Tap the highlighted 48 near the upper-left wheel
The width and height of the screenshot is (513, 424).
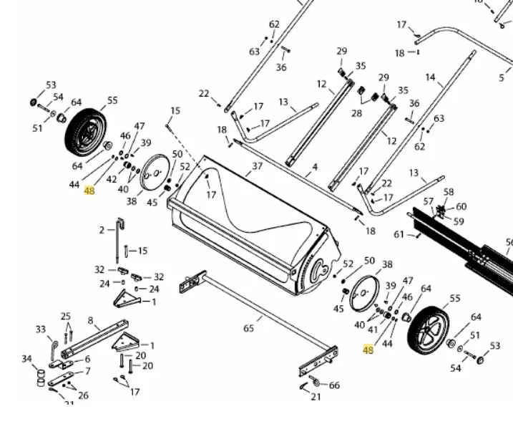point(89,191)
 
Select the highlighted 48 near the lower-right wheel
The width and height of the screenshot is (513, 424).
point(368,350)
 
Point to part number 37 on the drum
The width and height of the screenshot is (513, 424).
point(258,167)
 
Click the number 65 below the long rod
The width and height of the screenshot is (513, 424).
point(248,329)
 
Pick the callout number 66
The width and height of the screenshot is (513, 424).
point(334,385)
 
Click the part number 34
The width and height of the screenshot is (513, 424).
point(26,359)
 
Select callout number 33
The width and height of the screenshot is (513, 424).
point(41,329)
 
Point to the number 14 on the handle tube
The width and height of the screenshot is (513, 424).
point(430,77)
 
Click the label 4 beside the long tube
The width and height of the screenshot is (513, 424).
point(314,168)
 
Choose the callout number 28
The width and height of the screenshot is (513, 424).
point(356,114)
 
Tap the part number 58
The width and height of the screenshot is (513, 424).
point(449,192)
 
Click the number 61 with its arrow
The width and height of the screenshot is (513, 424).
point(399,234)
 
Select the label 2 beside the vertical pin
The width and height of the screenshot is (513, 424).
point(102,230)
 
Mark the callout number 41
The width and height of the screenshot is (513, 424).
point(372,330)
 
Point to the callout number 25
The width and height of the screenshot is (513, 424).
point(66,317)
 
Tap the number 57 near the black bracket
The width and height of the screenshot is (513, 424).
point(429,202)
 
